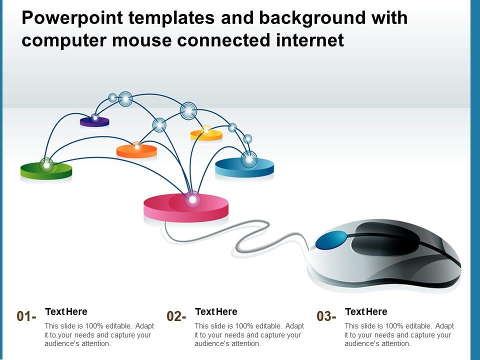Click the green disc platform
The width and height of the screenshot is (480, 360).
(x=46, y=171)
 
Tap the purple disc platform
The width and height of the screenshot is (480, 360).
(x=94, y=121)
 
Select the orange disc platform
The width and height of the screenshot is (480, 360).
(x=136, y=150)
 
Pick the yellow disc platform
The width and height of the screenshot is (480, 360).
(x=206, y=135)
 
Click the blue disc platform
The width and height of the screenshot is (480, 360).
(x=244, y=167)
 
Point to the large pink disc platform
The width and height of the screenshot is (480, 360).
(x=185, y=208)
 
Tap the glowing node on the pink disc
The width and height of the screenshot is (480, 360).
(x=192, y=199)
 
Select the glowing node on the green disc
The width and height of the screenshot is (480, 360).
(x=46, y=164)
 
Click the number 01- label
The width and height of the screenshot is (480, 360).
(x=26, y=316)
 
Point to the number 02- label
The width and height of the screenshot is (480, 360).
(x=176, y=316)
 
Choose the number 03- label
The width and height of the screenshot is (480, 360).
(x=326, y=316)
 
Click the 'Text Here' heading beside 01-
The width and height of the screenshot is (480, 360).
(x=66, y=312)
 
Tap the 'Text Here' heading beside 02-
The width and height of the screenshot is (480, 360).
(x=216, y=312)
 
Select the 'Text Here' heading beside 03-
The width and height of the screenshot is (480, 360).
(x=366, y=312)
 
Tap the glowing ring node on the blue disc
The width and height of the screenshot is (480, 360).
(x=249, y=159)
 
